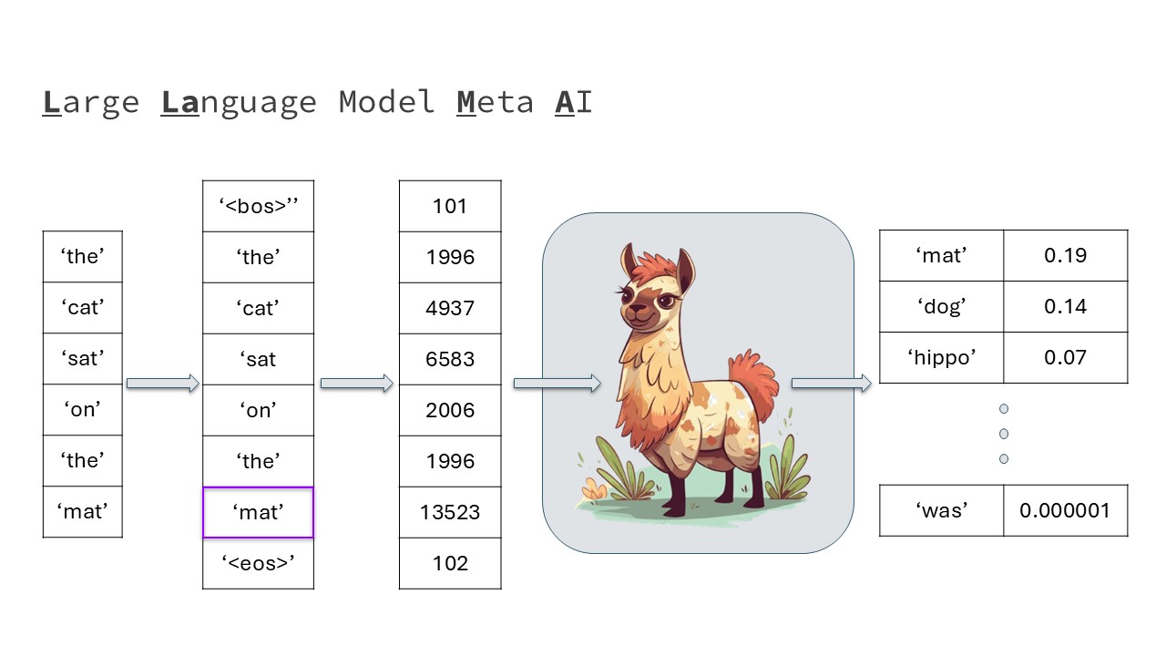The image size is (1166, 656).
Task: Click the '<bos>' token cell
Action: (x=258, y=206)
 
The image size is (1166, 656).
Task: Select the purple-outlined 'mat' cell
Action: (x=258, y=512)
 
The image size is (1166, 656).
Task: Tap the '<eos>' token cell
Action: (x=258, y=563)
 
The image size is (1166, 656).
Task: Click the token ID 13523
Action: (x=450, y=512)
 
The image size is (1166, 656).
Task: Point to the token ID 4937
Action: (x=450, y=308)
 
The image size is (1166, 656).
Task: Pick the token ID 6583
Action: (x=450, y=359)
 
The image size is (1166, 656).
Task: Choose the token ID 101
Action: (x=450, y=206)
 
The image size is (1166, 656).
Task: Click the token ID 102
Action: (x=450, y=563)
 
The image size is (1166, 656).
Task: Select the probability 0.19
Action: (x=1066, y=256)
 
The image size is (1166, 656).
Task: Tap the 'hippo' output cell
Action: (x=942, y=358)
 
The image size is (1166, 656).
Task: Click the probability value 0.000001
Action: (x=1066, y=510)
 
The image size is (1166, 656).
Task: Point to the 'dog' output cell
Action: (x=942, y=307)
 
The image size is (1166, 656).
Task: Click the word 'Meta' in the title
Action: (x=495, y=102)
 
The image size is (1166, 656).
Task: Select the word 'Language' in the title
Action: (x=239, y=103)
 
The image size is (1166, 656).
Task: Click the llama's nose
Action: (x=636, y=310)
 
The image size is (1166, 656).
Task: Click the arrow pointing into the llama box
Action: (x=557, y=384)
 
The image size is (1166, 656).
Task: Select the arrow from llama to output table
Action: (x=832, y=384)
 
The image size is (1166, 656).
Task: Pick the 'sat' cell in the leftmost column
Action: (x=83, y=359)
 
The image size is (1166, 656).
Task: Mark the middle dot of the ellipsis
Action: (x=1004, y=434)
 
